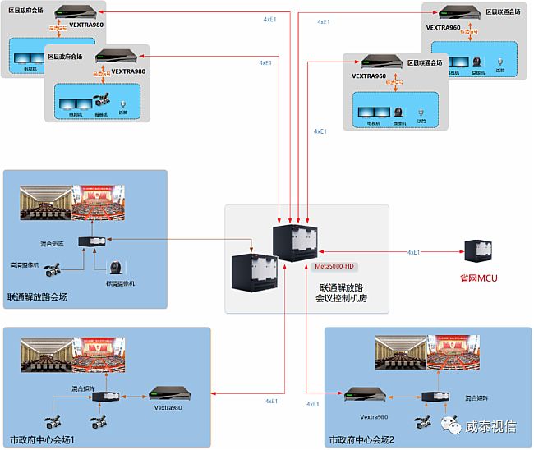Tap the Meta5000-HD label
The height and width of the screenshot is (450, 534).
[335, 267]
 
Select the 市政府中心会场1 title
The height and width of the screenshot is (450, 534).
[42, 440]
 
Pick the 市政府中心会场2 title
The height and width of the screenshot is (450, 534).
[361, 440]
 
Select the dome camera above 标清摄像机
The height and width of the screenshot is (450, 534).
[116, 266]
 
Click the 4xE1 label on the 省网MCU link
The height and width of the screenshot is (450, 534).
[415, 252]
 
